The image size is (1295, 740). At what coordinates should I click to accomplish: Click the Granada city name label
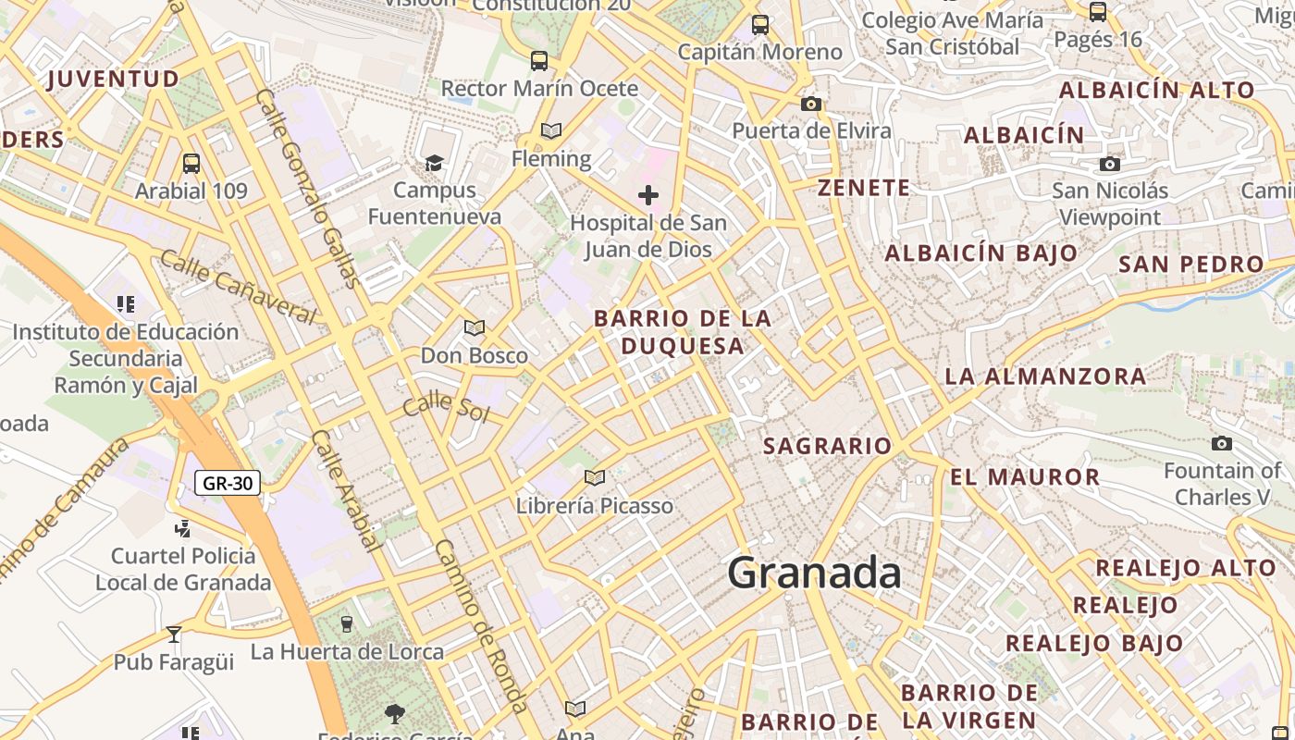pos(814,573)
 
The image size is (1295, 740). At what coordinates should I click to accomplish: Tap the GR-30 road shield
pos(228,482)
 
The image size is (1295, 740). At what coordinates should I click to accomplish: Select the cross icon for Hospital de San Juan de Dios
pos(648,195)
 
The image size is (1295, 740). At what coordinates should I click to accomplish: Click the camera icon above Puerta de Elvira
pos(811,104)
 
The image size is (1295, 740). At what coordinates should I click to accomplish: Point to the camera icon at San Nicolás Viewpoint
pos(1110,164)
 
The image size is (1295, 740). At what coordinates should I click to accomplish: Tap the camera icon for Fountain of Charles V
pos(1222,443)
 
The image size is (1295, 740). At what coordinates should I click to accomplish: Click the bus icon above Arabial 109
pos(191,164)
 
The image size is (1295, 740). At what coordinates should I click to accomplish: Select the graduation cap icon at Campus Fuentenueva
pos(434,164)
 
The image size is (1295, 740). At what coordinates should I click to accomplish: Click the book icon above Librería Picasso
pos(595,478)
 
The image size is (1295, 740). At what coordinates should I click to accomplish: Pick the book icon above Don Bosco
pos(475,328)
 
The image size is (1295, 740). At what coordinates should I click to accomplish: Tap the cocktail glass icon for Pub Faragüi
pos(174,635)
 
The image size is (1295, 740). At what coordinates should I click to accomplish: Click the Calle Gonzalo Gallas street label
pos(306,189)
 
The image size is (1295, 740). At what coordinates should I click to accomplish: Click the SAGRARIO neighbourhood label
pos(827,446)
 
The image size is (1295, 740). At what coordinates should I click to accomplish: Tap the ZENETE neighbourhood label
pos(864,188)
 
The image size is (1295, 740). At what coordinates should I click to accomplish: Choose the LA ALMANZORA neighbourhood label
pos(1045,376)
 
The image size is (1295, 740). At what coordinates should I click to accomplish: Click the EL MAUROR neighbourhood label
pos(1025,477)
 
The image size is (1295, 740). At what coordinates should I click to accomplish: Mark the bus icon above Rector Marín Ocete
pos(539,61)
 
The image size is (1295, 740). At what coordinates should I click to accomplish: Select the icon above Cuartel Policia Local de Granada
pos(183,529)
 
